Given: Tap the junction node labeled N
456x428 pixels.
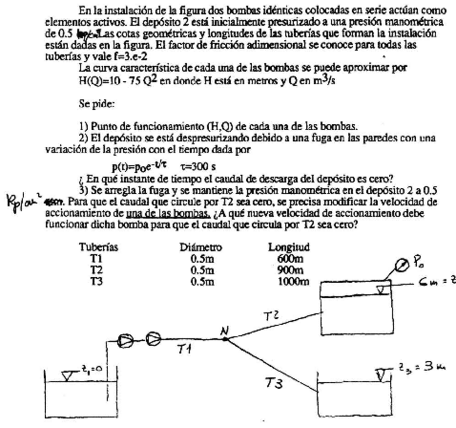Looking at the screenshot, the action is pos(225,338).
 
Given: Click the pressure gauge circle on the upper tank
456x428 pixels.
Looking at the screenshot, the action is pos(402,265).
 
